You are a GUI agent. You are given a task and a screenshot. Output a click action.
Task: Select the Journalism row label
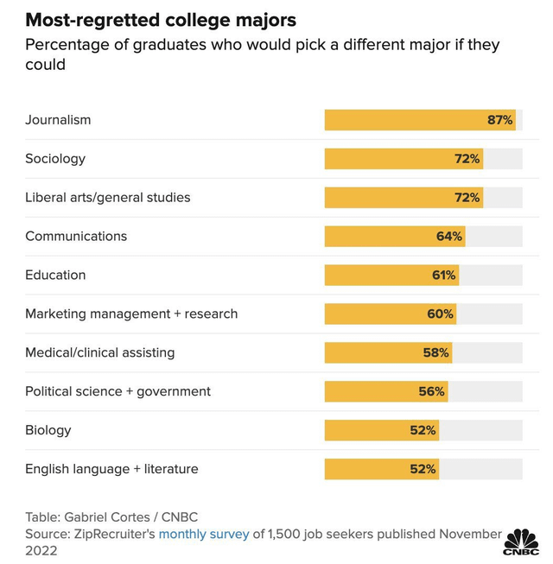58,120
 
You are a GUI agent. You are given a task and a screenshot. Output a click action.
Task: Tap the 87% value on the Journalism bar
499,120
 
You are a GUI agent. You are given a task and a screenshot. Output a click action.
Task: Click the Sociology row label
55,159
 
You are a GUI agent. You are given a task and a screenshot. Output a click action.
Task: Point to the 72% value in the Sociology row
467,159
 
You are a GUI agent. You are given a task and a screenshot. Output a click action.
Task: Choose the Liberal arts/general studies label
107,198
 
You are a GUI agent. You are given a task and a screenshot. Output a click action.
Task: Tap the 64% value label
448,237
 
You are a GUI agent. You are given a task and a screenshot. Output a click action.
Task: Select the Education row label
55,276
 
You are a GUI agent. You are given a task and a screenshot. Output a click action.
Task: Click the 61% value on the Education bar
443,276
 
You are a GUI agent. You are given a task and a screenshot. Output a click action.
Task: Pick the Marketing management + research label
131,314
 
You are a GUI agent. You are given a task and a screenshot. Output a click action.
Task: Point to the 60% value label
440,314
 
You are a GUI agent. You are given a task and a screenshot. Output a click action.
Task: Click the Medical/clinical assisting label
99,352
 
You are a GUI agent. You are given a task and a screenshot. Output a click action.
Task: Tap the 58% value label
436,352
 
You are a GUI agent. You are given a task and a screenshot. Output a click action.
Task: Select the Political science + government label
118,391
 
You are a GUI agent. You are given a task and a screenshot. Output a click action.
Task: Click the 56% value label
431,391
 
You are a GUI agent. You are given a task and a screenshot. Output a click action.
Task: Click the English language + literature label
111,469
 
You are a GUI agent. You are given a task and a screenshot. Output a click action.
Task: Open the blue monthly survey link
203,534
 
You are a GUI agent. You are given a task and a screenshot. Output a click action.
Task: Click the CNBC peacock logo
521,542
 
